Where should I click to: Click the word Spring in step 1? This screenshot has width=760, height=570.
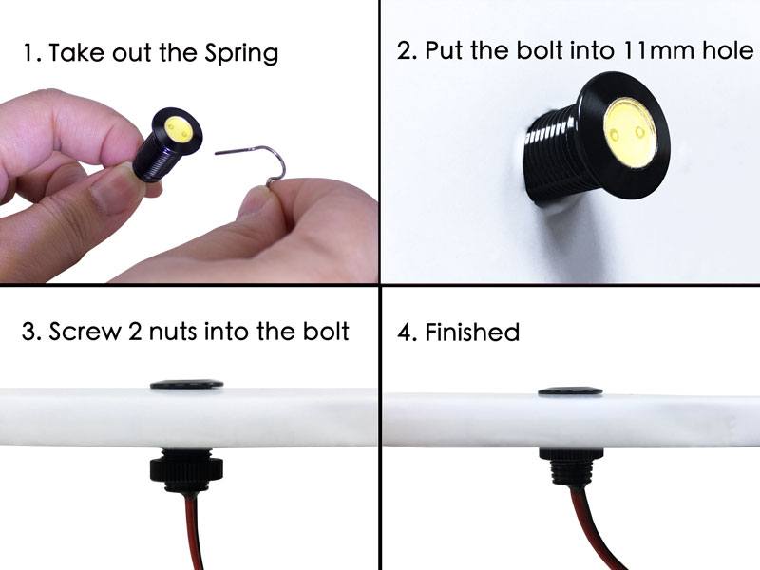pos(241,53)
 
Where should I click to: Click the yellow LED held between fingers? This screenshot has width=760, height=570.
pos(178,129)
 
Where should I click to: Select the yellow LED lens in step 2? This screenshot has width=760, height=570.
pos(630,133)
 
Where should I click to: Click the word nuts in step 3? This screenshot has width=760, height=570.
pos(173,332)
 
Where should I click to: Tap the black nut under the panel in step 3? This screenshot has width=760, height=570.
pos(186,468)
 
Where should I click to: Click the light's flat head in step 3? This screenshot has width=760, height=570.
pos(186,385)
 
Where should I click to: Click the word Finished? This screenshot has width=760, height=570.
pos(472,332)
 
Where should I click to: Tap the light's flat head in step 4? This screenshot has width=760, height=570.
pos(571,390)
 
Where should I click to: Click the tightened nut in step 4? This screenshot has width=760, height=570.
pos(572,454)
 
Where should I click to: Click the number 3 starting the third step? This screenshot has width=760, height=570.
pos(28,332)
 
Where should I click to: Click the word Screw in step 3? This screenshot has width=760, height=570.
pos(85,332)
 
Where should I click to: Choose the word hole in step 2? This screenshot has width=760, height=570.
pos(728,50)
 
